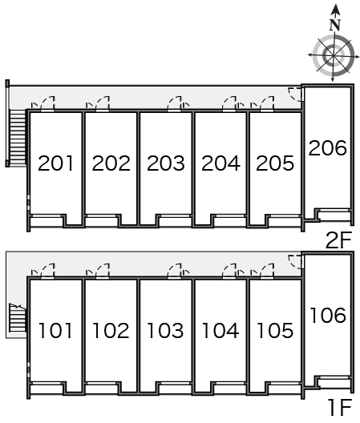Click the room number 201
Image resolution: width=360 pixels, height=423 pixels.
tap(55, 163)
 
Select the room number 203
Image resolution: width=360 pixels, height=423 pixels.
tap(166, 163)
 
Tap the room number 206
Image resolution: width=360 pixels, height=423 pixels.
tap(327, 148)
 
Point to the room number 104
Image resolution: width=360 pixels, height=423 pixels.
tap(220, 330)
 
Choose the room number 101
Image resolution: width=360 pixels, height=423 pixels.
tap(55, 330)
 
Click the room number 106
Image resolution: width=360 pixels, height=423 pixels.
tap(328, 315)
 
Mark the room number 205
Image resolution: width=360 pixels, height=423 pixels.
tap(275, 163)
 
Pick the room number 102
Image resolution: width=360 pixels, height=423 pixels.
tap(111, 330)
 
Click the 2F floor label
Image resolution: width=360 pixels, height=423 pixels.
tap(339, 240)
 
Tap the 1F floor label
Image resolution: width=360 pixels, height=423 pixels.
tap(340, 408)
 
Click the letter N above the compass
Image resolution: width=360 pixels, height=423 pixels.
tap(335, 25)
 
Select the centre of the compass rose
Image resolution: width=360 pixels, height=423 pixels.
tap(334, 55)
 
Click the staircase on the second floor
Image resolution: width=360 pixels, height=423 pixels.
tap(18, 137)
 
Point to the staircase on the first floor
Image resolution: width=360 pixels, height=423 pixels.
tap(18, 318)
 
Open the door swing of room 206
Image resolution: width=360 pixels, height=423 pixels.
tap(295, 95)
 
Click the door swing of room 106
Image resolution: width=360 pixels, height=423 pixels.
tap(295, 262)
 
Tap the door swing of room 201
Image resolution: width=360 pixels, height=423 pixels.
tap(47, 103)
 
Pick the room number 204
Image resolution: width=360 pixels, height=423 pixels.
tap(220, 163)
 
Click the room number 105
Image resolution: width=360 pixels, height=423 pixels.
tap(275, 330)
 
